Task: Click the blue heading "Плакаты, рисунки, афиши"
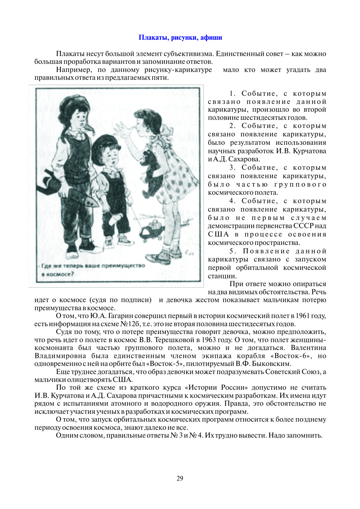[180, 38]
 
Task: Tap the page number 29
[180, 478]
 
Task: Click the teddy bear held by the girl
[151, 171]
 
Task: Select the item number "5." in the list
[233, 251]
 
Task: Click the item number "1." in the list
[233, 93]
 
